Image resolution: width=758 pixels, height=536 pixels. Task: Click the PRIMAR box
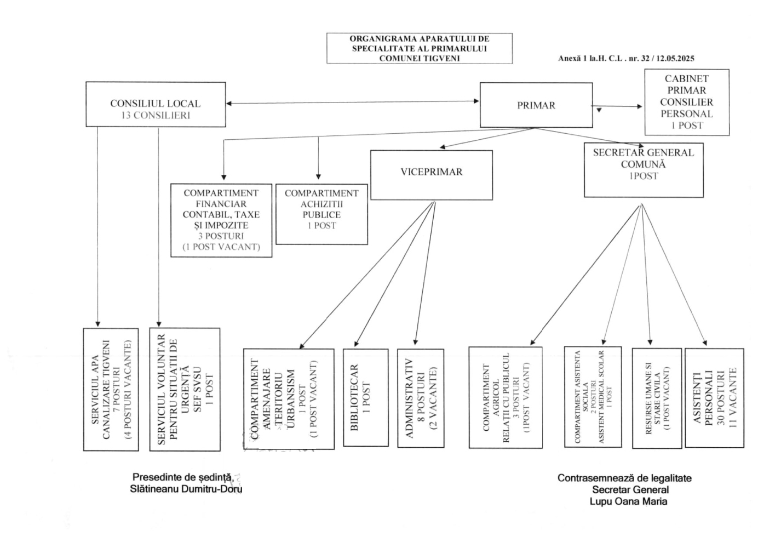(536, 105)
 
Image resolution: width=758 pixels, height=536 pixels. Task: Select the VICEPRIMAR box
(432, 175)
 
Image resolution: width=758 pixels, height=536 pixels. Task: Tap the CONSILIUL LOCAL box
(156, 104)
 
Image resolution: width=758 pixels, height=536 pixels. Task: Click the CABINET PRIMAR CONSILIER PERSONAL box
(687, 102)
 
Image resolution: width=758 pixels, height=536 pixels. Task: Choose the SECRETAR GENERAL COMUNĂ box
(644, 170)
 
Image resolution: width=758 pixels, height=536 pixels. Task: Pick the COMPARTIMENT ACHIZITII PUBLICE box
(321, 214)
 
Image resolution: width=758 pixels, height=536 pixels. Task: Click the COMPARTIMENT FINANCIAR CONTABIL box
(221, 220)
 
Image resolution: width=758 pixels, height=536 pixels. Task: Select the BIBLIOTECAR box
(366, 397)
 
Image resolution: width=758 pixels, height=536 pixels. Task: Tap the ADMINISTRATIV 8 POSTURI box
(421, 398)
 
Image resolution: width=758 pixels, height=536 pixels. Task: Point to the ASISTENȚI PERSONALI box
(714, 398)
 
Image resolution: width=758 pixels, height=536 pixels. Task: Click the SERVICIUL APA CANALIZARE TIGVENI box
(111, 389)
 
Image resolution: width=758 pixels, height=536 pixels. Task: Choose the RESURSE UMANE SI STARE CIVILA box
(657, 398)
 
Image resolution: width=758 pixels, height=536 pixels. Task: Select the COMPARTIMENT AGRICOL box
(506, 397)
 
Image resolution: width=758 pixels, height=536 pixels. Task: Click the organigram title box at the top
(420, 48)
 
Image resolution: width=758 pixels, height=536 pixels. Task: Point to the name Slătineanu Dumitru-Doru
(186, 489)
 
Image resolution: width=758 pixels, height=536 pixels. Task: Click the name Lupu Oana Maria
(628, 501)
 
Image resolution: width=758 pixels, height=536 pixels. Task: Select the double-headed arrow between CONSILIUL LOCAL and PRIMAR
(353, 102)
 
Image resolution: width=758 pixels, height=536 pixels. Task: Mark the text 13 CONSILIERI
(156, 116)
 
